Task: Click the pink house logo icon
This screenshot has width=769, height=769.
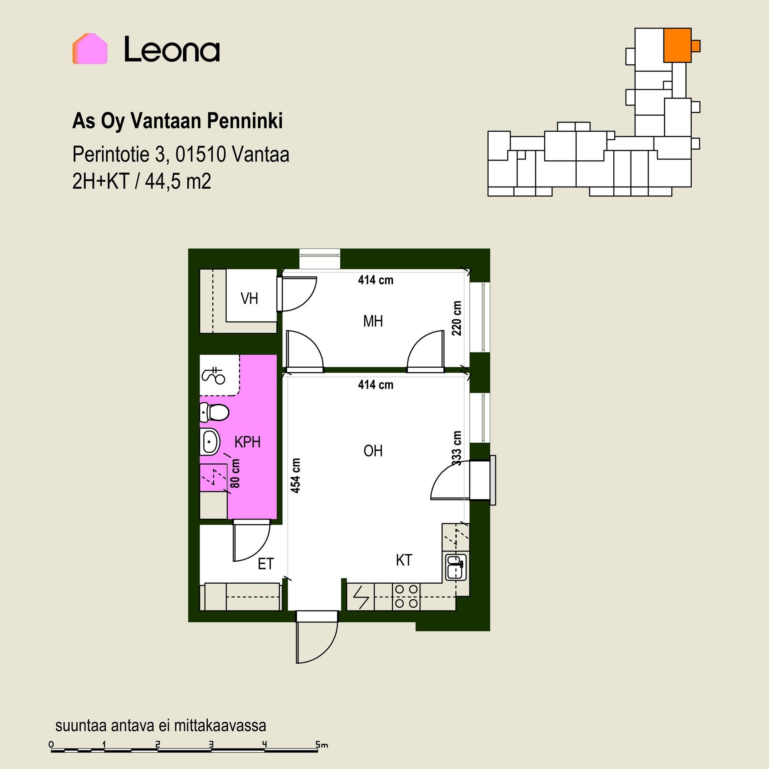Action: [90, 48]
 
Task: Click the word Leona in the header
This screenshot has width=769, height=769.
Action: [172, 50]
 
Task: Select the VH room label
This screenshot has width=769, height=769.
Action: [249, 298]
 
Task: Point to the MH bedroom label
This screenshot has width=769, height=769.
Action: [373, 321]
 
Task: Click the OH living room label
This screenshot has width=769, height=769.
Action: [373, 451]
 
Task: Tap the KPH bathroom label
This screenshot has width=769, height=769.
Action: [248, 442]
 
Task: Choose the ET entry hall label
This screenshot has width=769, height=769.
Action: [266, 564]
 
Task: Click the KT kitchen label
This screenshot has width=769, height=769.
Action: [404, 560]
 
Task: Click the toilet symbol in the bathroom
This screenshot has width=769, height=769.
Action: [214, 412]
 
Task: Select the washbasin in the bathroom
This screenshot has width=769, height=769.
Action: [209, 442]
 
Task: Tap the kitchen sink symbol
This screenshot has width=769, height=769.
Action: [456, 567]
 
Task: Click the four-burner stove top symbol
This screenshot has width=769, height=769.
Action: [407, 597]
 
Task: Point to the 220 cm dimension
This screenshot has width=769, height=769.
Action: [456, 318]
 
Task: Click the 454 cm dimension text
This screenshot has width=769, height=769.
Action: [295, 475]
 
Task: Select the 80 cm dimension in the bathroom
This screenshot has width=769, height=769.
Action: [236, 473]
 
